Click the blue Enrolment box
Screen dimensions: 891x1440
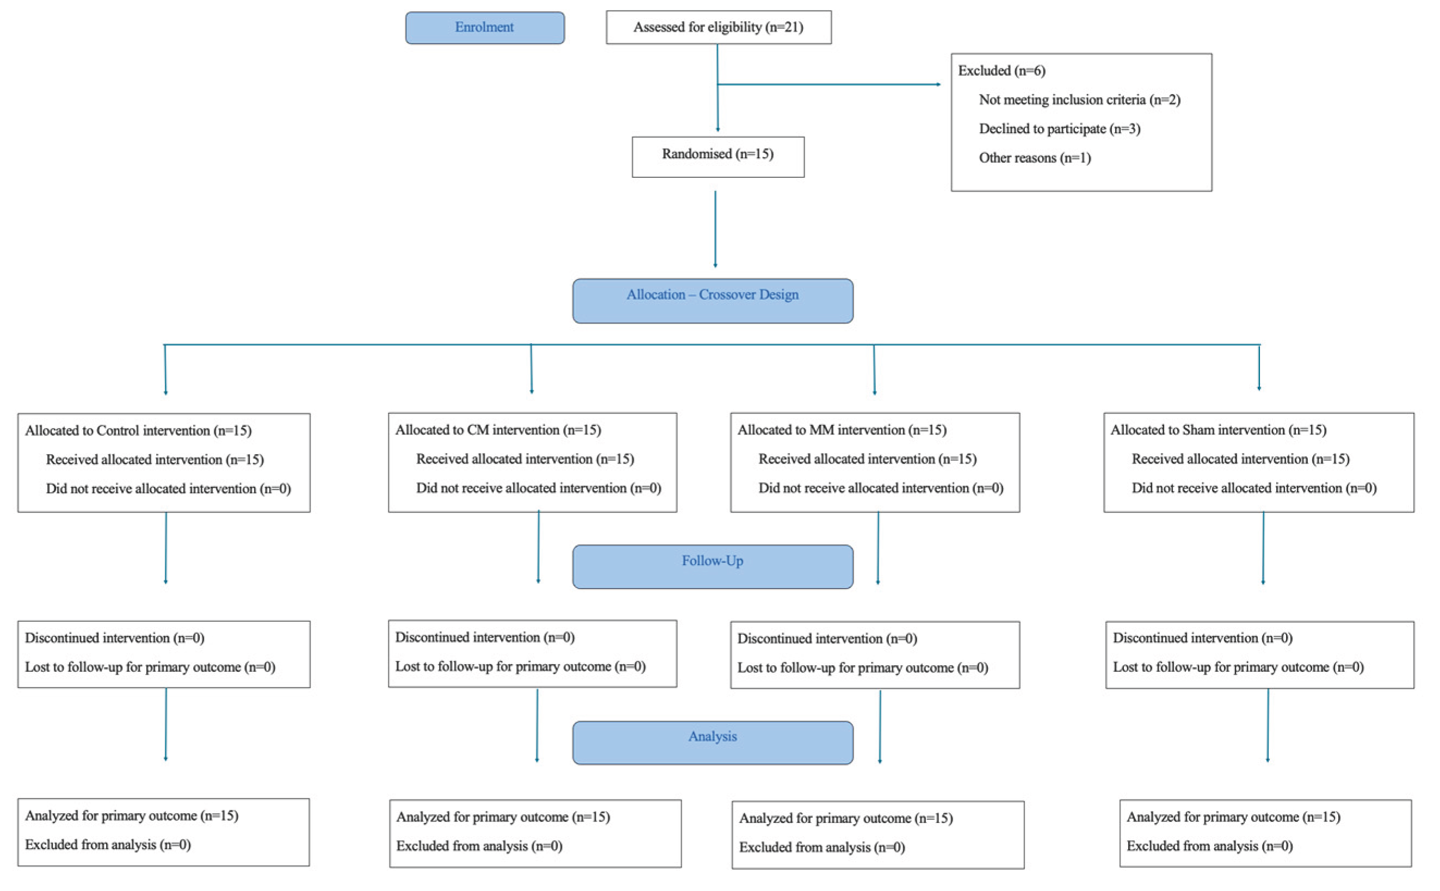click(484, 28)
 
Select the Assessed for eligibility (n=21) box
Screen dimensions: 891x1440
click(718, 27)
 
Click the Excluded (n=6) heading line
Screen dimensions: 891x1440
click(1001, 71)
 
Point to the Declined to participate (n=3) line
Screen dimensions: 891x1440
click(1059, 129)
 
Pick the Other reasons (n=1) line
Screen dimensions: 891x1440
click(1034, 158)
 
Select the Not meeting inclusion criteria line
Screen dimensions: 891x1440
click(1079, 100)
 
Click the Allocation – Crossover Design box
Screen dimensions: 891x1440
click(712, 300)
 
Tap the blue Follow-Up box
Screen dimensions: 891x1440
click(712, 566)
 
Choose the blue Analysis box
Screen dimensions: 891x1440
click(712, 742)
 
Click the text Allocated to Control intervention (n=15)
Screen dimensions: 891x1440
click(138, 431)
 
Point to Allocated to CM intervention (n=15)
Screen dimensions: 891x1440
click(498, 430)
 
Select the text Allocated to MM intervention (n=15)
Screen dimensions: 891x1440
click(842, 430)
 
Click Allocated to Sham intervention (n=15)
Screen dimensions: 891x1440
click(1218, 430)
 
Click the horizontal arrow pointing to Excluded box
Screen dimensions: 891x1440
click(828, 85)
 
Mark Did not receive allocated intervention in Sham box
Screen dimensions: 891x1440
click(1254, 488)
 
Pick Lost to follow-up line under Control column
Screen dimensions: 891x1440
click(150, 667)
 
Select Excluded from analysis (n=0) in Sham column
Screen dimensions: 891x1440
click(1209, 846)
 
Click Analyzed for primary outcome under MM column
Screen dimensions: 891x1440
click(845, 819)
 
